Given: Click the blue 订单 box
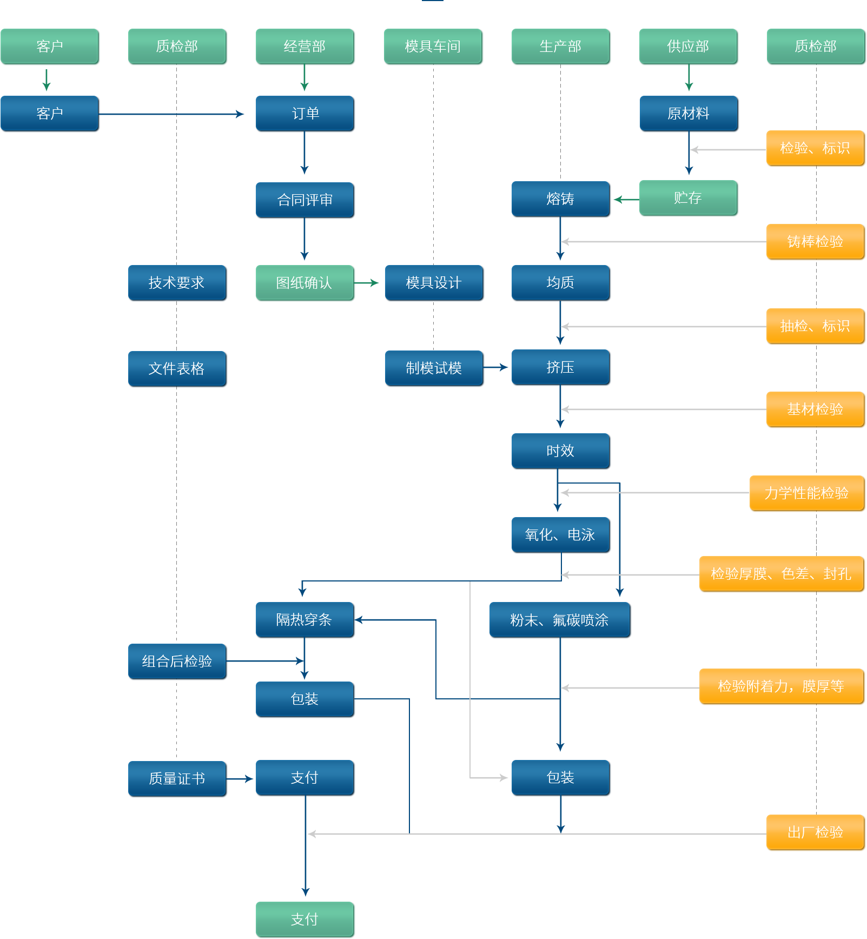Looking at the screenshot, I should [305, 114].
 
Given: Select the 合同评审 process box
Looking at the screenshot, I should [305, 200].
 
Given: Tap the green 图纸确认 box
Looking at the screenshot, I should [305, 283].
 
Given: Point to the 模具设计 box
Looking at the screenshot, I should [434, 283].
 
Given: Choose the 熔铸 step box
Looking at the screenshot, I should [560, 199].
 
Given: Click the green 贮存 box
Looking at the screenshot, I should [688, 198].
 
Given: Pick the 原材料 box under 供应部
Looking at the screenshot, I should [688, 114].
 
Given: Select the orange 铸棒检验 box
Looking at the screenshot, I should [815, 242].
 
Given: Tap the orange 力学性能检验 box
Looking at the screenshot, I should [806, 493].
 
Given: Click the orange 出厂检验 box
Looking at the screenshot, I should [815, 832].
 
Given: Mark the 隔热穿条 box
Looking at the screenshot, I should [305, 620].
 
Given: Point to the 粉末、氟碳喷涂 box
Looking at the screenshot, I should [560, 620].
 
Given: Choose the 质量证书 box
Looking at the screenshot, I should [177, 779].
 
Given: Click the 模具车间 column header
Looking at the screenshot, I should [433, 47].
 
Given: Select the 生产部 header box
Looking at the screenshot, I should [561, 47].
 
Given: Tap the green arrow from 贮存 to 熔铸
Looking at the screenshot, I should [626, 200].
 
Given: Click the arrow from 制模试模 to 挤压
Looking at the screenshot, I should [497, 367].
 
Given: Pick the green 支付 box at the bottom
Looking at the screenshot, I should [305, 920].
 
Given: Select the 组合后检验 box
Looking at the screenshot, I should [177, 662].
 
